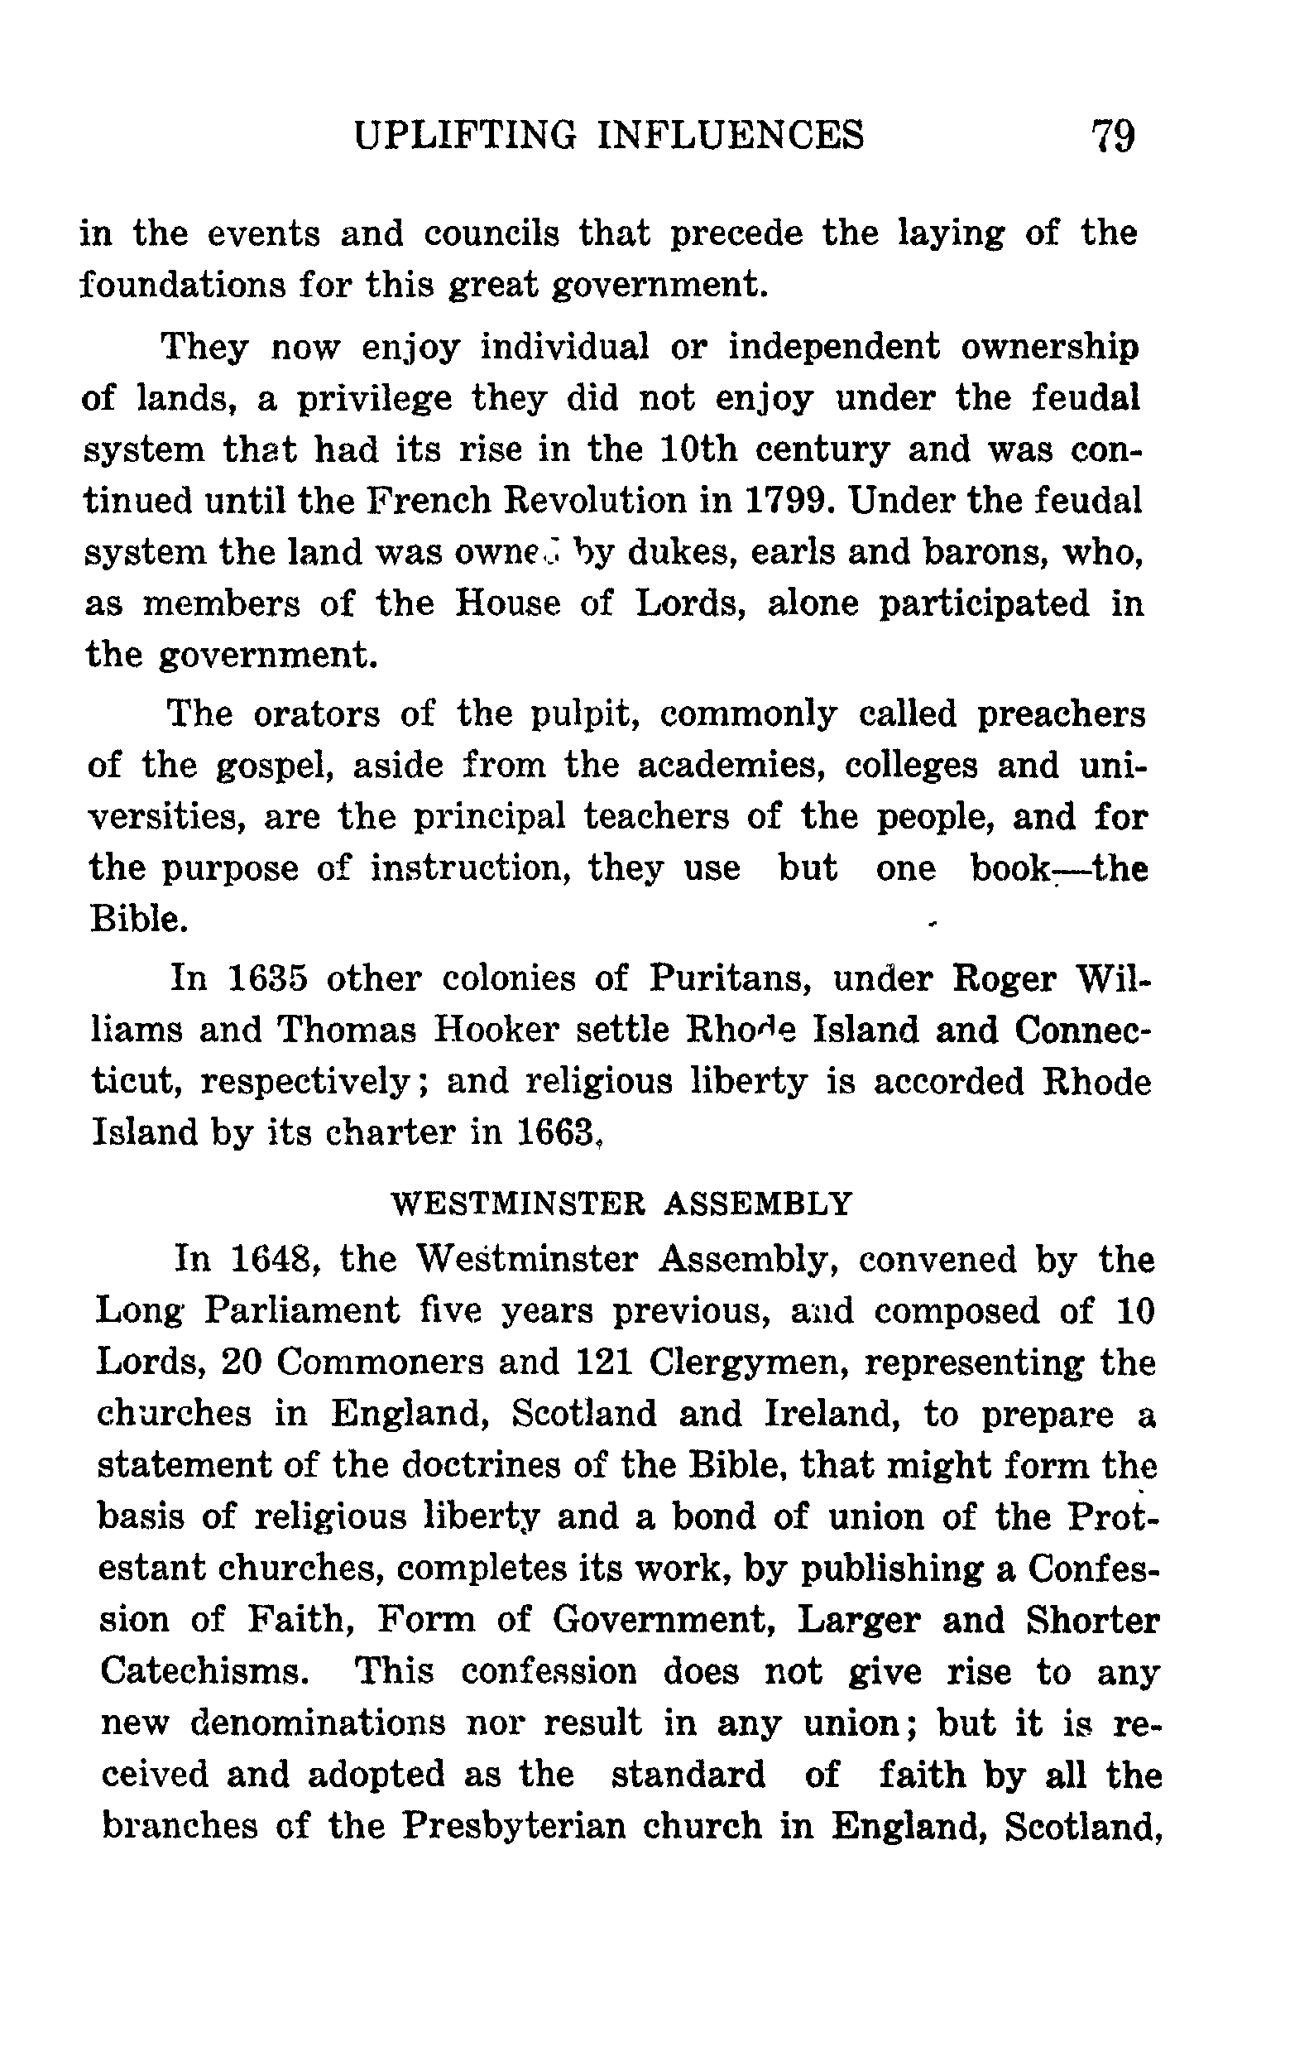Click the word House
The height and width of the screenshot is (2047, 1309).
[508, 603]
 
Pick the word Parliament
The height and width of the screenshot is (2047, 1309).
[301, 1311]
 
